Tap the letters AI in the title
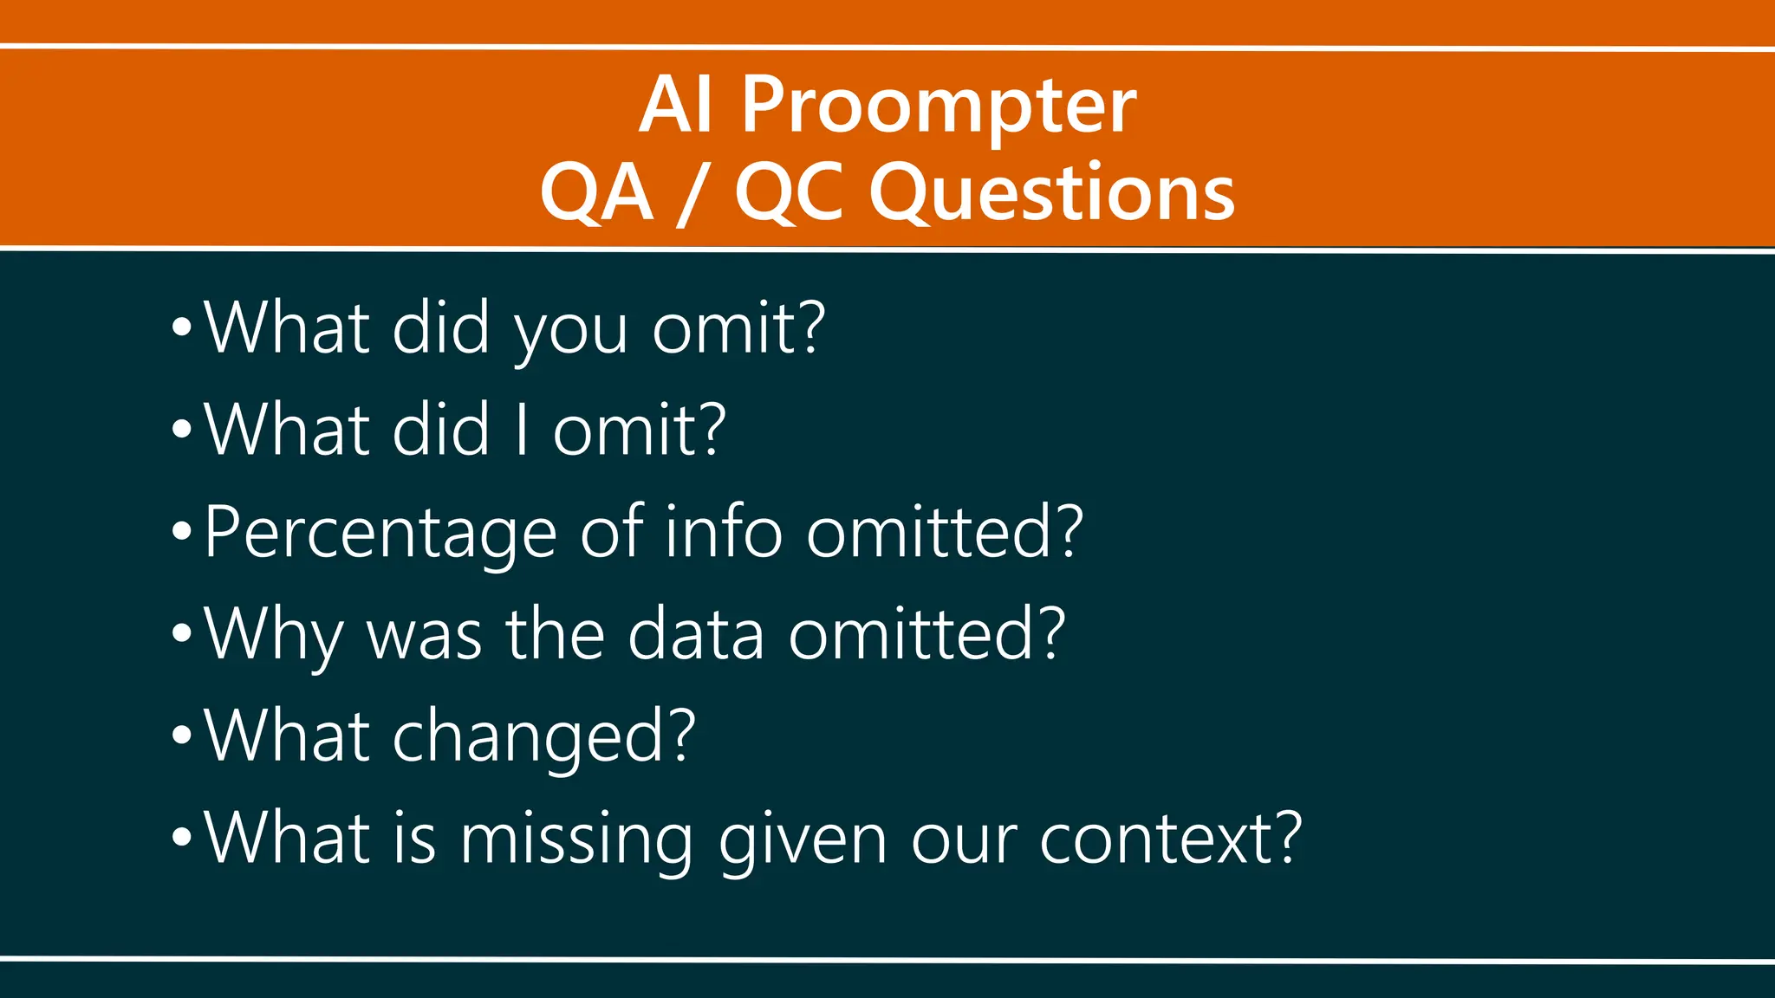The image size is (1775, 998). tap(676, 106)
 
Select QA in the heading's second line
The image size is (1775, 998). tap(596, 192)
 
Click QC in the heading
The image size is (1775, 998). tap(788, 192)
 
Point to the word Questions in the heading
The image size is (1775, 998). tap(1051, 192)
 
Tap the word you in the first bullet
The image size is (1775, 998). tap(570, 330)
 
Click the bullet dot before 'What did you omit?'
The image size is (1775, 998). tap(181, 327)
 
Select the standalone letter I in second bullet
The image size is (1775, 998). tap(521, 431)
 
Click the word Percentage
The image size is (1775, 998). tap(380, 533)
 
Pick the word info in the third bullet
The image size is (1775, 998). tap(724, 531)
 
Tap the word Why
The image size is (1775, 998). tap(274, 635)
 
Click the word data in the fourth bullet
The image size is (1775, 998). tap(696, 635)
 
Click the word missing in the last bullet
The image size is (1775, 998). tap(576, 839)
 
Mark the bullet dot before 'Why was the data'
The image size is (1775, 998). tap(181, 633)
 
